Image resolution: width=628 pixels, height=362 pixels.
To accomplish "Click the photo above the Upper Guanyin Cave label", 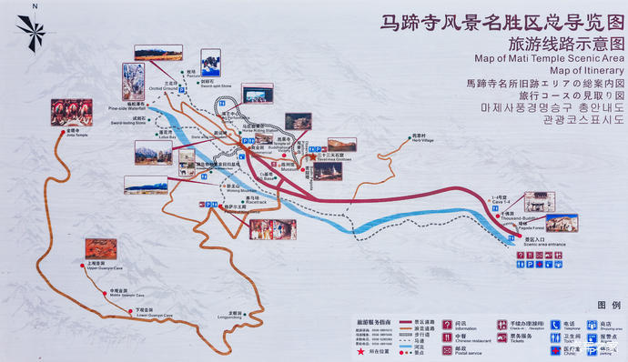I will [x=96, y=247].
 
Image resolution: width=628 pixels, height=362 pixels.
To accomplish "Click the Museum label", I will [x=290, y=169].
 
